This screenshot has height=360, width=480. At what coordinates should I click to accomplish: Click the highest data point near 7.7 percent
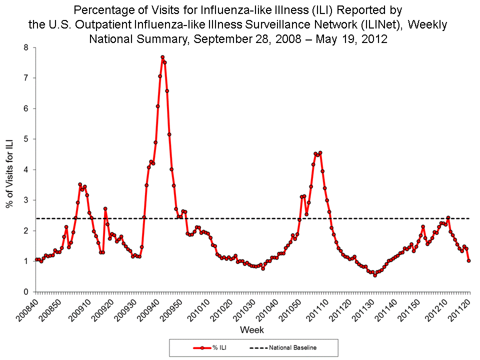[x=162, y=57]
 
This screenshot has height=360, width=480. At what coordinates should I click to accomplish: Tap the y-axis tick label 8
[x=26, y=47]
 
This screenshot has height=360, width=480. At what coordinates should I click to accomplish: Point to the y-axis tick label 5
[x=26, y=139]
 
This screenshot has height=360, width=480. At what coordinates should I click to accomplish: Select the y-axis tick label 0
[x=26, y=292]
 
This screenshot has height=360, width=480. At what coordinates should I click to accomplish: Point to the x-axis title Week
[x=252, y=330]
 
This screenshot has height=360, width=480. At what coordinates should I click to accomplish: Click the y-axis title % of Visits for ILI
[x=9, y=170]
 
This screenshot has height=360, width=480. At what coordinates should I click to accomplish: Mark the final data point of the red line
[x=469, y=260]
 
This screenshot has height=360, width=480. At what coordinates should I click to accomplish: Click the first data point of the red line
[x=36, y=259]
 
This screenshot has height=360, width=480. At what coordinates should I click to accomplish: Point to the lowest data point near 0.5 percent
[x=375, y=275]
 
